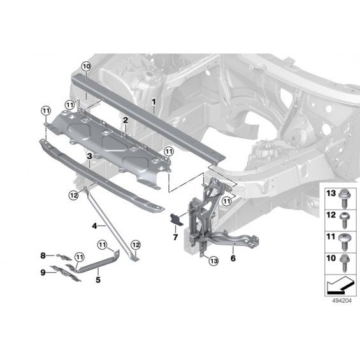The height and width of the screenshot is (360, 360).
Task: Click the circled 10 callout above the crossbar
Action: point(86,67)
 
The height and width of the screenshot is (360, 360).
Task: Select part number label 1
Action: point(154,102)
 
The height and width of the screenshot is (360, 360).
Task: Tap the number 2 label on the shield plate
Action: point(126,120)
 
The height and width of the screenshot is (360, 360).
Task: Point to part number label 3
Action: point(89,156)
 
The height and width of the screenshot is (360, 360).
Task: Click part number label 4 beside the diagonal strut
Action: point(94,226)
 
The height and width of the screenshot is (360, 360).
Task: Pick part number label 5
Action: point(98,280)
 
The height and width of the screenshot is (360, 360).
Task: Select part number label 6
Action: point(233,258)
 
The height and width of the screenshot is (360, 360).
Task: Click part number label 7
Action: point(175,237)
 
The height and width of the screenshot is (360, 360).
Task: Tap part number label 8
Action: point(43,256)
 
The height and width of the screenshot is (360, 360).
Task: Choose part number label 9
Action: point(43,273)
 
